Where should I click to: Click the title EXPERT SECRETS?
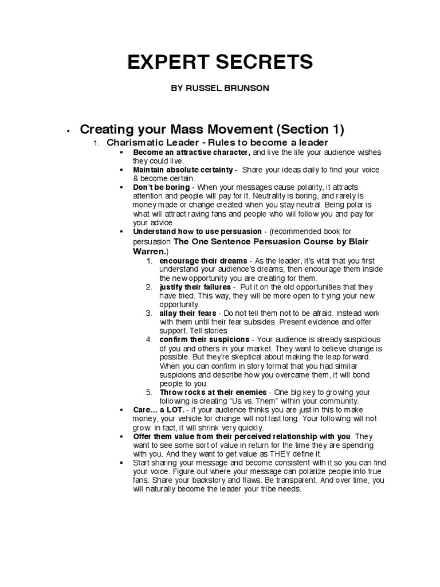pos(221,62)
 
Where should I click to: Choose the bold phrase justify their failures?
pos(195,287)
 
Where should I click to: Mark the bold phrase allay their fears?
pos(188,313)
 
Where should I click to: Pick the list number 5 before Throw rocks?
pos(148,392)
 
